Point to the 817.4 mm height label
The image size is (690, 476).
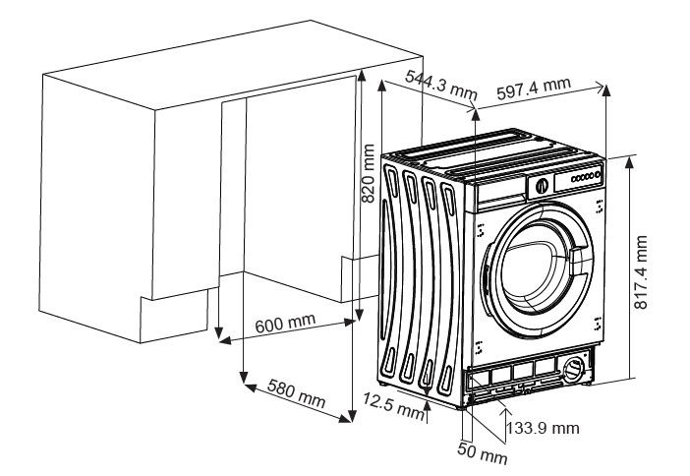pyautogui.click(x=640, y=273)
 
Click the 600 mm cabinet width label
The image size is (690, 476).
pyautogui.click(x=285, y=326)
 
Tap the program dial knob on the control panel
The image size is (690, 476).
pyautogui.click(x=542, y=185)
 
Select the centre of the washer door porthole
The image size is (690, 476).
pyautogui.click(x=540, y=272)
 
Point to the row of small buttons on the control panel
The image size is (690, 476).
pyautogui.click(x=585, y=176)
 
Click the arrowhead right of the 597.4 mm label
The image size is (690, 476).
pyautogui.click(x=603, y=89)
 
